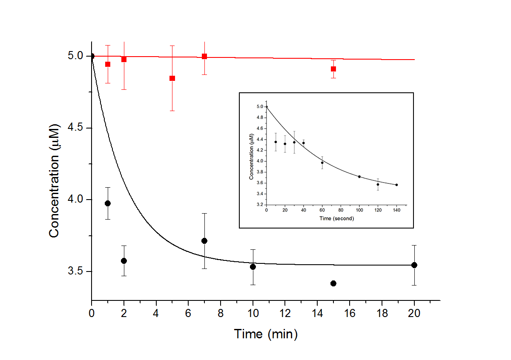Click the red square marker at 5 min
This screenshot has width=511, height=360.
(172, 78)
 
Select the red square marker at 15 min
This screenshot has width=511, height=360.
(333, 69)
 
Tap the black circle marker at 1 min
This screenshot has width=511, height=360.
(108, 203)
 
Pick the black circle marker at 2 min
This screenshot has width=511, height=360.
(124, 261)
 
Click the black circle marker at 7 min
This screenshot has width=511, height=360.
(204, 241)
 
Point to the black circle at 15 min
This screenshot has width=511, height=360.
(333, 283)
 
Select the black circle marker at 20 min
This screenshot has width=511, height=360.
(414, 265)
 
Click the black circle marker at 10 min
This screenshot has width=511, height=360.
(253, 267)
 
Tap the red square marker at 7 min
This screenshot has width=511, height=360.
(204, 56)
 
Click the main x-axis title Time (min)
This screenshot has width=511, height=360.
(266, 334)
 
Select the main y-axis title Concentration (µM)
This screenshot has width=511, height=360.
(54, 178)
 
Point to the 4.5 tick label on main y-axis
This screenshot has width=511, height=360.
(76, 128)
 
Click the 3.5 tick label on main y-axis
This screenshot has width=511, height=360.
(76, 271)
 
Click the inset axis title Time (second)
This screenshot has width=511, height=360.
(336, 218)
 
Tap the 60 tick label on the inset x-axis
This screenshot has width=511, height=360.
(322, 210)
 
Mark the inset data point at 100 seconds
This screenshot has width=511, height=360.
(359, 177)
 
